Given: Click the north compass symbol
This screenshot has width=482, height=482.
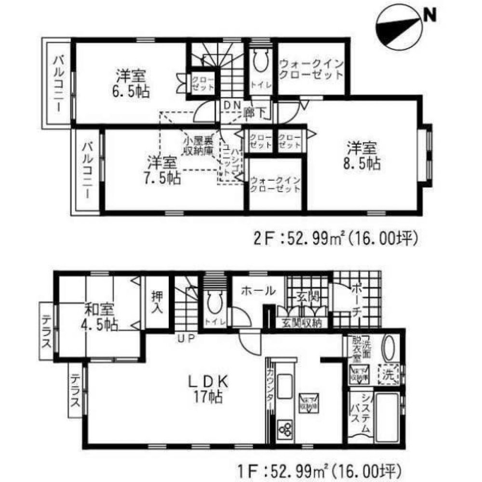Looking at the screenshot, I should pos(396,28).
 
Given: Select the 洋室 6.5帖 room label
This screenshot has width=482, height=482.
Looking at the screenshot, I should pos(131,83).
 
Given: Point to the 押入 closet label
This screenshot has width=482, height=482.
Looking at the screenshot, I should pos(157,301).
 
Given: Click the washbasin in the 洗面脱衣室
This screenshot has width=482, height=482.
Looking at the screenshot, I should pos(388,346).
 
